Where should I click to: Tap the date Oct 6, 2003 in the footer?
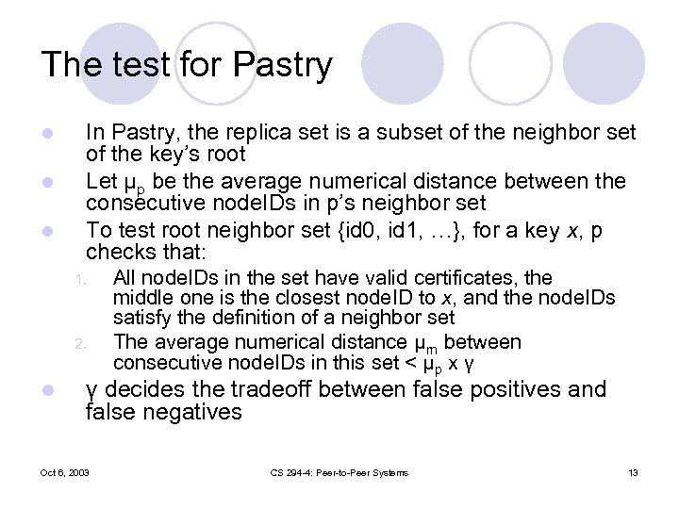tap(65, 472)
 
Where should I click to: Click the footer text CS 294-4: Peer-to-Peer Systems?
tap(339, 472)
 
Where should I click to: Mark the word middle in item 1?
tap(138, 299)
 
